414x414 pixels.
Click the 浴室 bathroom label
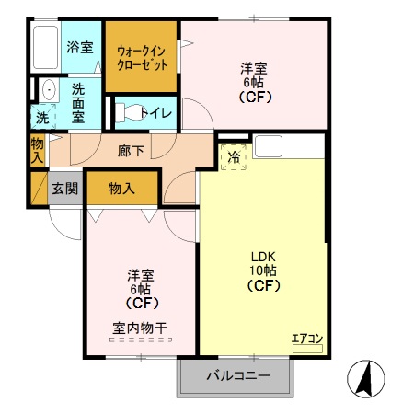click(x=80, y=48)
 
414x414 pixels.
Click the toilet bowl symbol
click(x=132, y=112)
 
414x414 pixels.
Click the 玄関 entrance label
click(x=64, y=189)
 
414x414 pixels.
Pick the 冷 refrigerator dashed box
click(x=234, y=156)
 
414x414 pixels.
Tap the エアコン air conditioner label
click(x=306, y=339)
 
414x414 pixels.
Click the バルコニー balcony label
click(x=237, y=376)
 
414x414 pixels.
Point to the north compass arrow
click(x=364, y=378)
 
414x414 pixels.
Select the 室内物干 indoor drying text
click(x=140, y=327)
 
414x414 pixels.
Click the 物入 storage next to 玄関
click(x=122, y=189)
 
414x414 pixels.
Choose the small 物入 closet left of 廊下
click(x=38, y=150)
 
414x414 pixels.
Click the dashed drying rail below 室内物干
click(x=140, y=340)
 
